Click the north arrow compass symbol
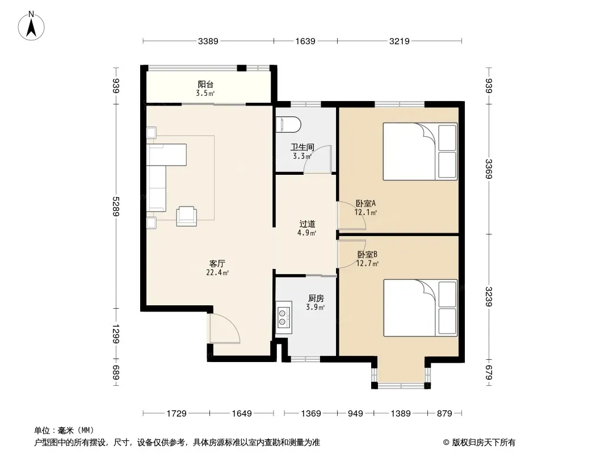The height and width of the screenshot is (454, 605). [x=31, y=26]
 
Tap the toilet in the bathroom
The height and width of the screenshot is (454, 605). [x=289, y=124]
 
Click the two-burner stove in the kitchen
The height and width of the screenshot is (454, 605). [x=284, y=317]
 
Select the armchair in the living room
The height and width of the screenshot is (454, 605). [x=186, y=216]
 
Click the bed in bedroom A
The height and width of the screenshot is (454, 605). [x=420, y=151]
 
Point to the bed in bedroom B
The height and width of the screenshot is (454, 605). [x=420, y=308]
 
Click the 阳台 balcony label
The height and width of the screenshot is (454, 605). [x=205, y=84]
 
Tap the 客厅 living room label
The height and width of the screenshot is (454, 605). [x=217, y=263]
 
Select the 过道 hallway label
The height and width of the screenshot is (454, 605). [x=307, y=224]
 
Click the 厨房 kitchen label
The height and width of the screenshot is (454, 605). [x=316, y=298]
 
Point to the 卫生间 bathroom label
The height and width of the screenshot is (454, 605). [x=302, y=147]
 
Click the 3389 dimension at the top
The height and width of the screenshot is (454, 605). [x=208, y=41]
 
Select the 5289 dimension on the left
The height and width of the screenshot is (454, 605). [x=116, y=207]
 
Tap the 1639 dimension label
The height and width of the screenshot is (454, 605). [x=305, y=41]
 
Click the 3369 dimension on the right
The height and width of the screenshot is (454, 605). [x=489, y=169]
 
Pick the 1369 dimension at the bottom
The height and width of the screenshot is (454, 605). [x=311, y=414]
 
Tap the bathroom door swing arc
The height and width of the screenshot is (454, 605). [x=317, y=159]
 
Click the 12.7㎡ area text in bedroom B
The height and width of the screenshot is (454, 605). [x=367, y=264]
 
